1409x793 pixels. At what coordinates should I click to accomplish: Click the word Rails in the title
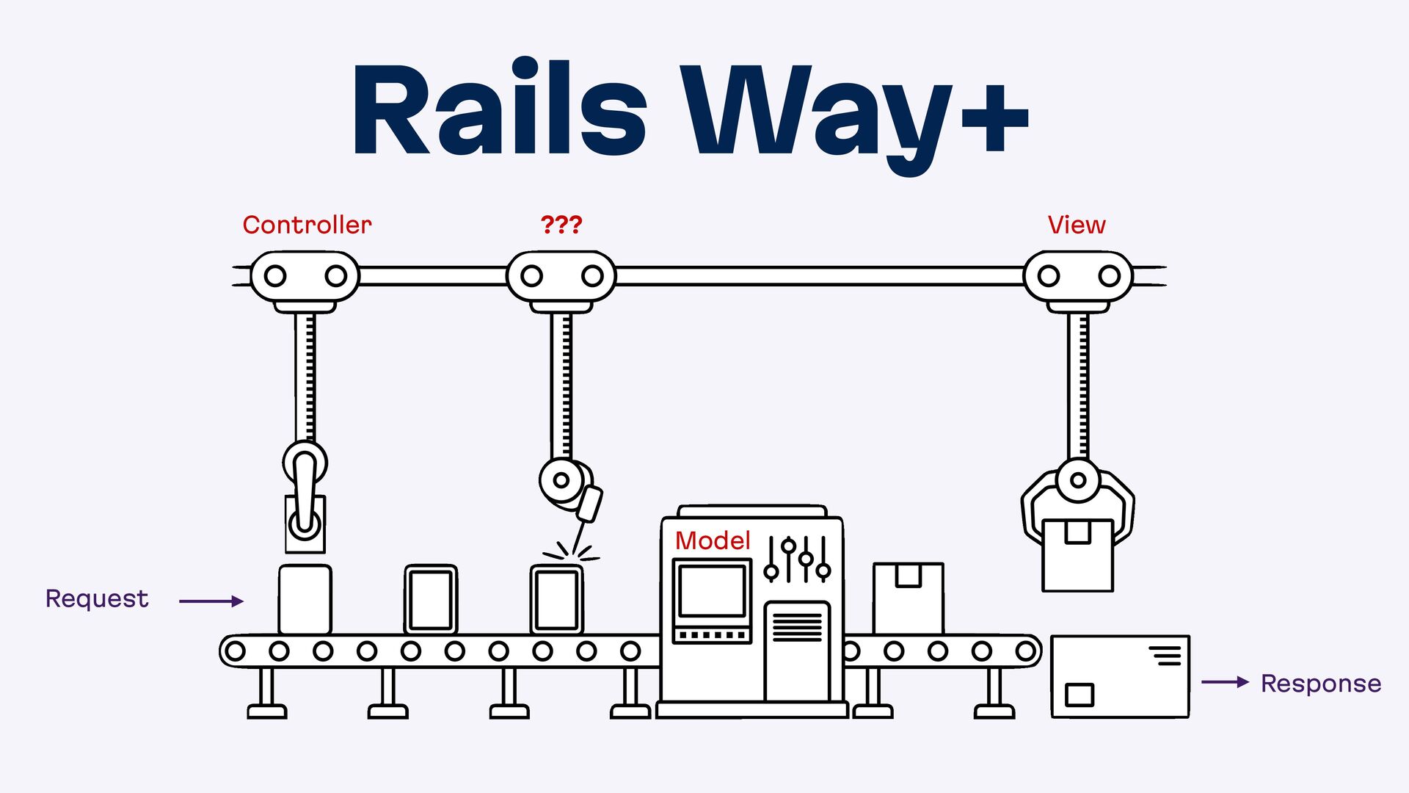[x=499, y=110]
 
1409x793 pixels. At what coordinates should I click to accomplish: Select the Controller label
[x=307, y=225]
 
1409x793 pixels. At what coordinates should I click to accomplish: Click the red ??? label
[x=561, y=225]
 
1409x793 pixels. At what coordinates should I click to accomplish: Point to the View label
[x=1076, y=225]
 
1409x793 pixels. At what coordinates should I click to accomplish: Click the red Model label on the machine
[x=712, y=540]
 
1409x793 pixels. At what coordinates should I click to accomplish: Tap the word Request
[x=97, y=598]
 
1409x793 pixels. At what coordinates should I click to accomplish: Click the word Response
[x=1321, y=684]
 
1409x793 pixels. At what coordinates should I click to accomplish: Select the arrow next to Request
[x=211, y=601]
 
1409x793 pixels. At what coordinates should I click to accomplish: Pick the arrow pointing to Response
[x=1225, y=682]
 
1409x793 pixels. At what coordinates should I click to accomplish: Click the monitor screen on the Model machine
[x=712, y=591]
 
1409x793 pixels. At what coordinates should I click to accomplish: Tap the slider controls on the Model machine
[x=798, y=560]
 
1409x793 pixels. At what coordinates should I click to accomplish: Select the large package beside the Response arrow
[x=1120, y=676]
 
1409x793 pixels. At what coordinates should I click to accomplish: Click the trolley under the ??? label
[x=561, y=277]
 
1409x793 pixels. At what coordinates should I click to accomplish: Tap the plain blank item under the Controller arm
[x=305, y=599]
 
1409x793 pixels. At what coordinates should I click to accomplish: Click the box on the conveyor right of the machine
[x=908, y=598]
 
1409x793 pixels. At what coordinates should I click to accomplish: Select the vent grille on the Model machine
[x=797, y=627]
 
